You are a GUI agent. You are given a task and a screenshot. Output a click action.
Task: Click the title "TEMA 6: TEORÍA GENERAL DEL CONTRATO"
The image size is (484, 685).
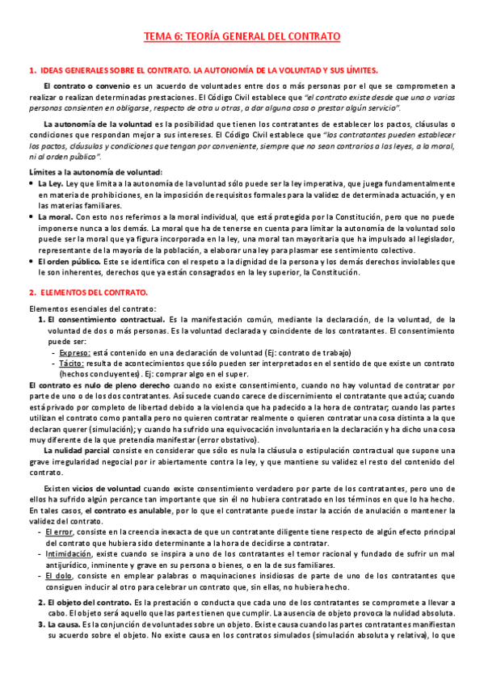pos(242,37)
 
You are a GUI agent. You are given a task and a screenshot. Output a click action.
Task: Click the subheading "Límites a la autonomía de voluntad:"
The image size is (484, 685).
pos(95,172)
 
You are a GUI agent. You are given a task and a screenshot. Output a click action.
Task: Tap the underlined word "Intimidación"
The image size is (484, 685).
pos(69,555)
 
